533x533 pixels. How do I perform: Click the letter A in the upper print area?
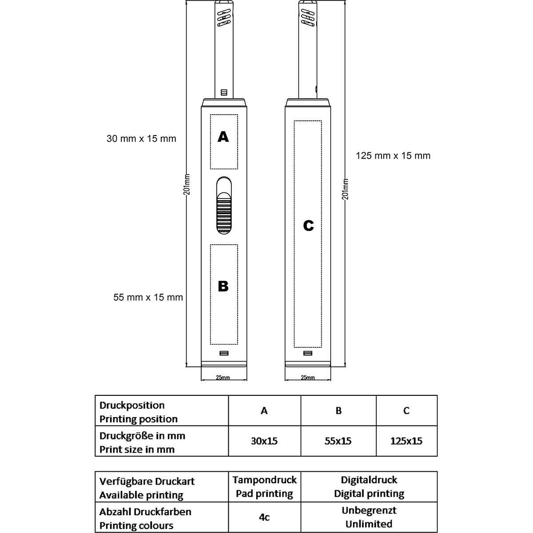(x=223, y=137)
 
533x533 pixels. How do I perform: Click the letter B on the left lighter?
(x=223, y=286)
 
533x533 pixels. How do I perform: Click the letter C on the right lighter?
(x=308, y=226)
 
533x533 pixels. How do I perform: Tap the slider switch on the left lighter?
(x=224, y=205)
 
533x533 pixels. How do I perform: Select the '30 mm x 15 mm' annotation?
(x=141, y=139)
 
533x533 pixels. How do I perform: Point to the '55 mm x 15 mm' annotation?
(x=148, y=297)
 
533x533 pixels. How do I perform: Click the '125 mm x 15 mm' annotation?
(x=393, y=156)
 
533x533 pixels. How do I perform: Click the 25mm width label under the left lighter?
(x=223, y=377)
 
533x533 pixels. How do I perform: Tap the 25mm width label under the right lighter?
(x=308, y=377)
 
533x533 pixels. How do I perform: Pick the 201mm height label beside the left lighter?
(x=187, y=184)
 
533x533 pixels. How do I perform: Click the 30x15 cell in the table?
(x=264, y=441)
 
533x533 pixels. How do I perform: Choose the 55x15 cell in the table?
(x=338, y=441)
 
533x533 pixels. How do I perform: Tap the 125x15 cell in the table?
(x=406, y=441)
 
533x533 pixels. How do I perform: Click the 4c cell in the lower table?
(x=264, y=517)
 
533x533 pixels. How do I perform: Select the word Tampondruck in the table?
(x=264, y=480)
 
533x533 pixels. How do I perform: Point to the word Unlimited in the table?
(x=369, y=524)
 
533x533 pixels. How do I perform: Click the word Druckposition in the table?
(x=132, y=406)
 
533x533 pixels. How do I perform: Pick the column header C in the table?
(x=406, y=410)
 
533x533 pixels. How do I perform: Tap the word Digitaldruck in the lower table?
(x=369, y=480)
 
